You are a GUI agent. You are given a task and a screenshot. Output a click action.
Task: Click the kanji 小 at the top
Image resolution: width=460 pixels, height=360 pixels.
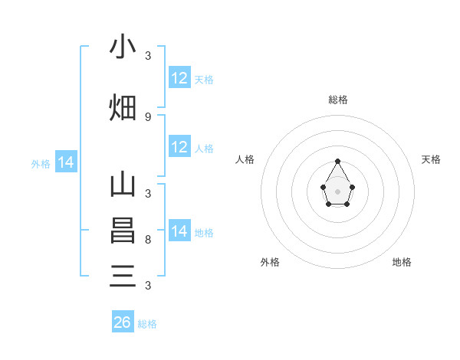123,47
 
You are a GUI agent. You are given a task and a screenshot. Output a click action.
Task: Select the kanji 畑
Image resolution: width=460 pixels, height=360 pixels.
123,108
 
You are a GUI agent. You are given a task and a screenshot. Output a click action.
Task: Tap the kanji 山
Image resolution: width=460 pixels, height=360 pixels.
123,186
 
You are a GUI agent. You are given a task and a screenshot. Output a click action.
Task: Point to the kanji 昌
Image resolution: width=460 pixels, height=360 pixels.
123,231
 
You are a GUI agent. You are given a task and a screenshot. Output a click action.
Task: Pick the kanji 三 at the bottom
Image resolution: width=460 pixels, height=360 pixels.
123,274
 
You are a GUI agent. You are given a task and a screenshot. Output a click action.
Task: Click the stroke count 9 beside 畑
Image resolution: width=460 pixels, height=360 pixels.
148,116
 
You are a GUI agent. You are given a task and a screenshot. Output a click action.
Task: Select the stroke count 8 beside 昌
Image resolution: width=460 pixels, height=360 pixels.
148,240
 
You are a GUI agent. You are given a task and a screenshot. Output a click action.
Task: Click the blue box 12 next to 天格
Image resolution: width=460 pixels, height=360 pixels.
179,78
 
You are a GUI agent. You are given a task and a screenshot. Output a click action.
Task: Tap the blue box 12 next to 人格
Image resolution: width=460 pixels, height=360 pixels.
179,147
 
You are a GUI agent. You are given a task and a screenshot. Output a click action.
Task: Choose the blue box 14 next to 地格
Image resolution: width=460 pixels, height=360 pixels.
179,231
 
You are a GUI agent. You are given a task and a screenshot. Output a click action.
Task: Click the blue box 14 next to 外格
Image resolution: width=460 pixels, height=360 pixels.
66,162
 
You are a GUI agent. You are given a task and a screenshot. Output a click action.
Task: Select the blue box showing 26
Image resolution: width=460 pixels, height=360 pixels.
123,322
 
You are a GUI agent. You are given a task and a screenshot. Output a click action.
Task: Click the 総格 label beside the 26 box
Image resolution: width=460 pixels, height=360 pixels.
147,324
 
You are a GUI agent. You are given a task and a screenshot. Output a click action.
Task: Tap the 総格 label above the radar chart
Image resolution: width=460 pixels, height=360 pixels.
337,100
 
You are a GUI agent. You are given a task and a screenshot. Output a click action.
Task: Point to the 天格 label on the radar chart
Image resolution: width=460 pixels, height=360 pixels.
432,159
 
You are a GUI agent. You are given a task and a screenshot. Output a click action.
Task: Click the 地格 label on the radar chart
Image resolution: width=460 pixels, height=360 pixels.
402,262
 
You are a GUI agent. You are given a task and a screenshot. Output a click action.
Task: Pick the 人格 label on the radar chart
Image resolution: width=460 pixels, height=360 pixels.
245,159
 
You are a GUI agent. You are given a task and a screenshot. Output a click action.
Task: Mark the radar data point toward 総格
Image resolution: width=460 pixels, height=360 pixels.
337,161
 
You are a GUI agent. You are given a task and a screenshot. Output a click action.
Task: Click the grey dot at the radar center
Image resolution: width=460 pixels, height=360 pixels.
337,190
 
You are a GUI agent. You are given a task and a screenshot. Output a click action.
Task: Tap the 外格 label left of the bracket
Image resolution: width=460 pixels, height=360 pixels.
41,164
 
